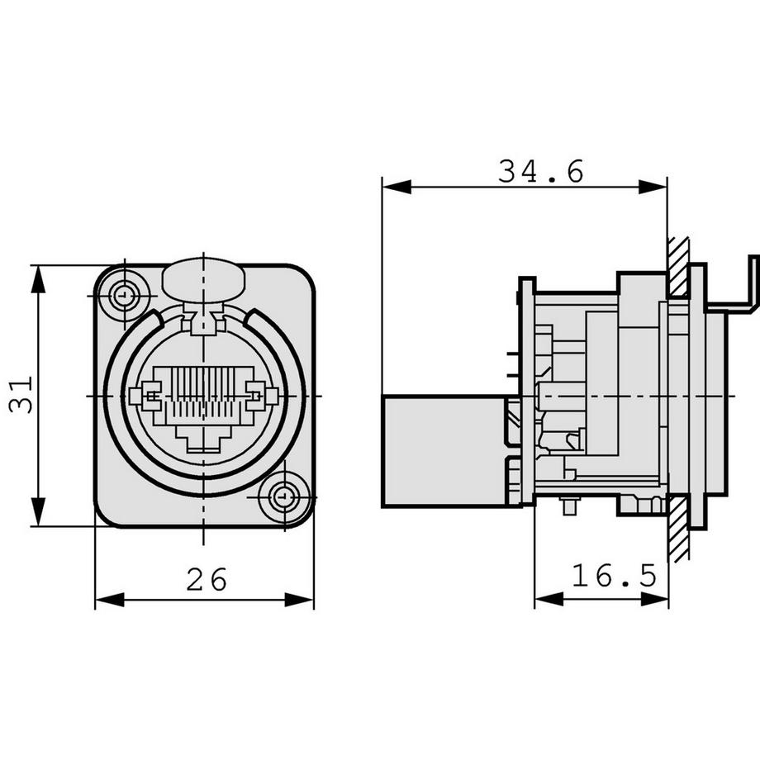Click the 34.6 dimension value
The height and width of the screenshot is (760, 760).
[x=540, y=171]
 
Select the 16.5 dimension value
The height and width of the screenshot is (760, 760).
[x=615, y=576]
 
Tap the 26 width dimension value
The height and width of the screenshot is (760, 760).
[x=206, y=580]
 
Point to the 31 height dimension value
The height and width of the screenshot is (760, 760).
[x=21, y=395]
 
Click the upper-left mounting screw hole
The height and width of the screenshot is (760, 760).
[x=124, y=294]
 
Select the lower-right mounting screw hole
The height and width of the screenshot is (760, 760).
[x=284, y=497]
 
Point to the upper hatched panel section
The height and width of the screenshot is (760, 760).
[x=678, y=268]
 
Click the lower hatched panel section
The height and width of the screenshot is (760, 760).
[x=678, y=528]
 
